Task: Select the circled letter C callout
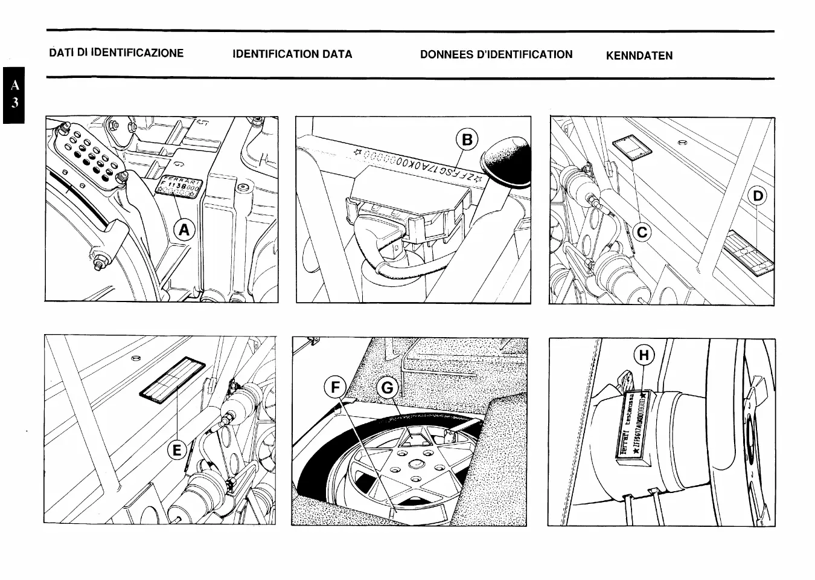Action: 642,232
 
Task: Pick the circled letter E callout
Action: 176,450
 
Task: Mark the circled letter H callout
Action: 644,356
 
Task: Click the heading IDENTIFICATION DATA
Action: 292,54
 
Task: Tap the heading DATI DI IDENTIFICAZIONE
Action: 117,53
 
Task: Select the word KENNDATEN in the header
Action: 639,56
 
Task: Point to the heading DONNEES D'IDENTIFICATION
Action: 496,54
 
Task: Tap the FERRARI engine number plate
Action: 179,185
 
